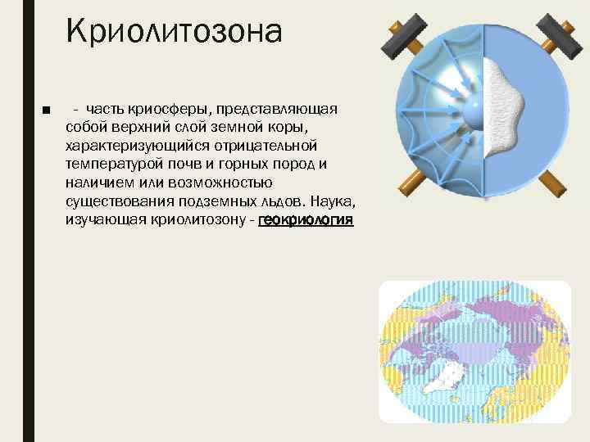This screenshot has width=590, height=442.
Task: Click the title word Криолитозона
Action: point(175,33)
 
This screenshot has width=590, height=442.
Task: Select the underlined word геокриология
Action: point(306,221)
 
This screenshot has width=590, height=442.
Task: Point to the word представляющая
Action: point(280,110)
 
